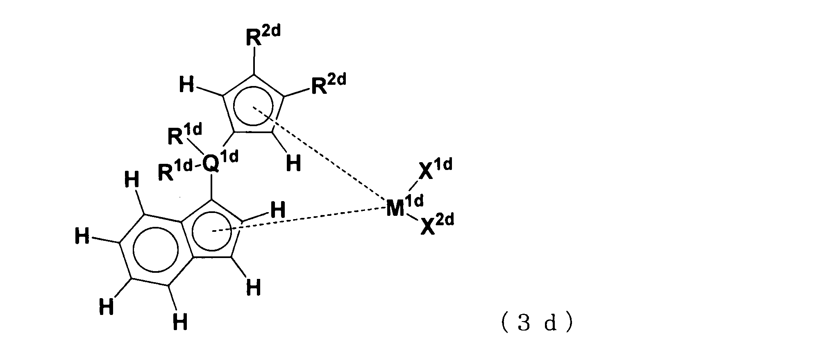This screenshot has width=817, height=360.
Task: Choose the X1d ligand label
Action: click(x=434, y=169)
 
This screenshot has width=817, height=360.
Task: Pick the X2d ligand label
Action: click(x=436, y=225)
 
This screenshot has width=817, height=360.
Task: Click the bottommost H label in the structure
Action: click(x=180, y=322)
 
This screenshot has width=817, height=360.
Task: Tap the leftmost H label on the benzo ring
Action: click(x=82, y=237)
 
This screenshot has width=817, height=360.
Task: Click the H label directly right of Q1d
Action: click(x=293, y=164)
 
